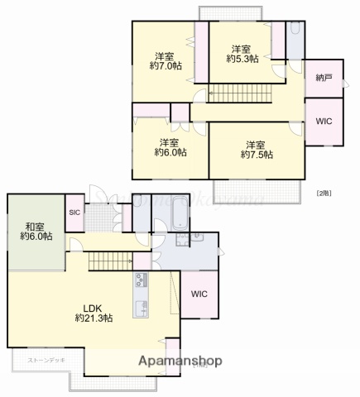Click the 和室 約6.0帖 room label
pos(36,231)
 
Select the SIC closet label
pos(74,213)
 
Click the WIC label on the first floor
pos(199,294)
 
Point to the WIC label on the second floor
pos(324,121)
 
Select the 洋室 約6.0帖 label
pos(170,147)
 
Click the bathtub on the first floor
pos(179,216)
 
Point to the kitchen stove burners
pos(138,282)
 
